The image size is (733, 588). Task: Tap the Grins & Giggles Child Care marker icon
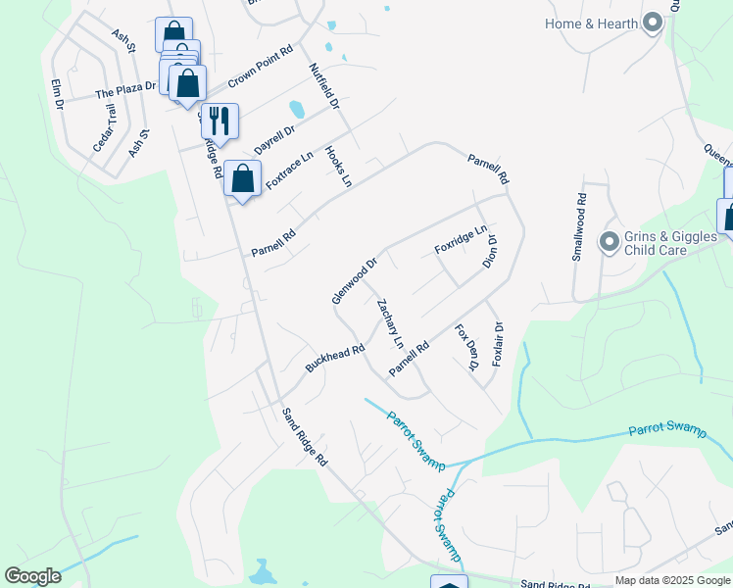tap(609, 241)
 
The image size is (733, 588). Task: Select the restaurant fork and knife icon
tap(220, 121)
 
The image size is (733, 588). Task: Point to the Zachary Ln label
tap(390, 323)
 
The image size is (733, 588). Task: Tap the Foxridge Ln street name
tap(461, 240)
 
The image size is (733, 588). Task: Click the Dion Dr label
tap(491, 251)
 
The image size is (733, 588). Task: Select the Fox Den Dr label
tap(465, 347)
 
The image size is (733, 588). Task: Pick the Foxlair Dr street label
tap(498, 344)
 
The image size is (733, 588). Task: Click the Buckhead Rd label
tap(334, 357)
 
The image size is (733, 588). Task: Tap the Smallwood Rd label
tap(580, 225)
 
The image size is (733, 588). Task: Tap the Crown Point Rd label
tap(261, 66)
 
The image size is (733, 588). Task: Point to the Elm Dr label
tap(58, 91)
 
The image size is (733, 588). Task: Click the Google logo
tap(32, 576)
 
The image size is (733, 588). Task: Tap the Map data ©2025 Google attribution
tap(671, 580)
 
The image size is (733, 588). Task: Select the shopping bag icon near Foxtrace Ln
tap(242, 178)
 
